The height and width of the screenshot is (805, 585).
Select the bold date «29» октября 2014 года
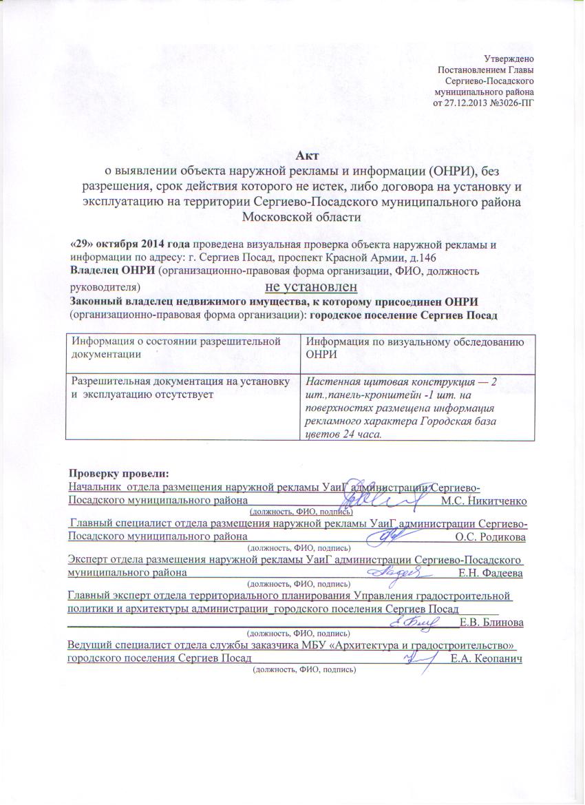click(x=130, y=244)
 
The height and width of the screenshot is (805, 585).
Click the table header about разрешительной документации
click(x=179, y=346)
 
